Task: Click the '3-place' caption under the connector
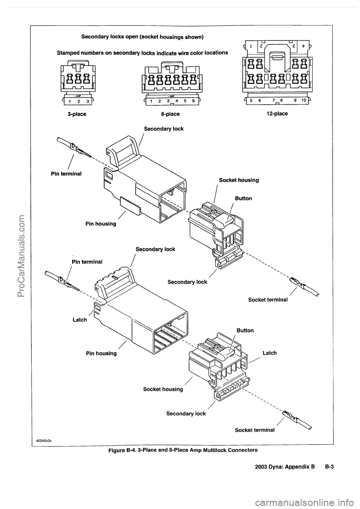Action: pyautogui.click(x=77, y=114)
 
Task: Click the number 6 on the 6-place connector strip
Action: pyautogui.click(x=193, y=101)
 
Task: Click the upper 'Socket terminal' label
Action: pyautogui.click(x=268, y=300)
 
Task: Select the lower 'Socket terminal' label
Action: pyautogui.click(x=255, y=430)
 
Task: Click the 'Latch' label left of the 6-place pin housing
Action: pyautogui.click(x=79, y=320)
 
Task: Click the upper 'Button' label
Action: pyautogui.click(x=243, y=198)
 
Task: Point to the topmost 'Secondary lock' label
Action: pyautogui.click(x=164, y=129)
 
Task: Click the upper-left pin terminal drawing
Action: pyautogui.click(x=75, y=148)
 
